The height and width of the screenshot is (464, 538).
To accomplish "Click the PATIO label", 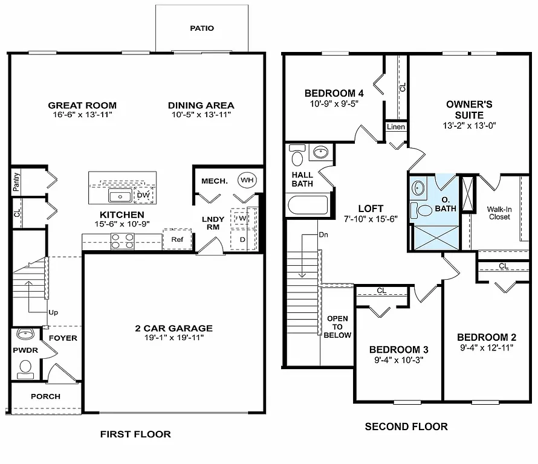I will click(x=202, y=28).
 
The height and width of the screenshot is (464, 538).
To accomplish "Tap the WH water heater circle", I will click(x=247, y=179).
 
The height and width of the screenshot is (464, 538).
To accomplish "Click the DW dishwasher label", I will click(x=143, y=195).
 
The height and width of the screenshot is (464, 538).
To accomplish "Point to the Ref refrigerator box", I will click(x=177, y=239).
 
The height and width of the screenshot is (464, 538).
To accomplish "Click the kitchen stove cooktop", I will click(x=122, y=241).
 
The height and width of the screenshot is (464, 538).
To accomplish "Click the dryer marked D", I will click(x=242, y=239).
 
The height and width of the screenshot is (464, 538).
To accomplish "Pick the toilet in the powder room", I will click(x=25, y=367).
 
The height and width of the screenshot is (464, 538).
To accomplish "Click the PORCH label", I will click(x=46, y=396).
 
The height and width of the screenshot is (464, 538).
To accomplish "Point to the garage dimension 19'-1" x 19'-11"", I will click(x=173, y=338).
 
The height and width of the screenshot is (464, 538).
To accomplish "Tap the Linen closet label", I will click(x=396, y=127).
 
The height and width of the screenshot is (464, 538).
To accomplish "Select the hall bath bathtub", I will click(x=308, y=205).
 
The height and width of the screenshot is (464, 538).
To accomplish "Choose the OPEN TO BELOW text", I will click(x=337, y=327).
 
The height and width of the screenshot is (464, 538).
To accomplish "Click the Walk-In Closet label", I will click(x=499, y=213).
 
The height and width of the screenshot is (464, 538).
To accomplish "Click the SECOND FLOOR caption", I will click(x=406, y=427).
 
